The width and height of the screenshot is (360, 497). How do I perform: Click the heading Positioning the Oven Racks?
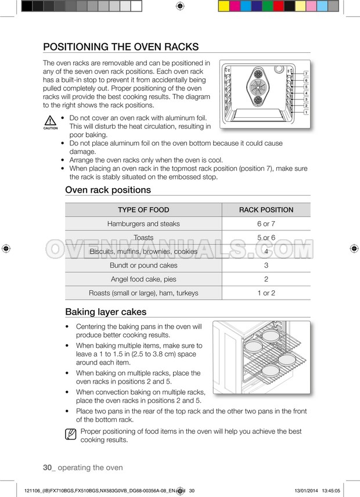click(x=121, y=47)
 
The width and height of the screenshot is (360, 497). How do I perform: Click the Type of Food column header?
click(x=143, y=210)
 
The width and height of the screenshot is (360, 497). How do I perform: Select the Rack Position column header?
click(x=266, y=210)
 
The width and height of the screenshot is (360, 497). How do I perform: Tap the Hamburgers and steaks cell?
click(x=143, y=224)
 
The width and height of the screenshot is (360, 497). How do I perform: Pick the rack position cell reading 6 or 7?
click(x=266, y=224)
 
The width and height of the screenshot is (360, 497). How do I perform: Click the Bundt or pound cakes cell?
click(x=143, y=265)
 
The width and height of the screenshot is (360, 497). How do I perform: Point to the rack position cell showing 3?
click(x=266, y=265)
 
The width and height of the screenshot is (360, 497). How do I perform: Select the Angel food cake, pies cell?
click(x=143, y=279)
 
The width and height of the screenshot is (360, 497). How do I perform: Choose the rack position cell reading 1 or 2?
click(x=266, y=293)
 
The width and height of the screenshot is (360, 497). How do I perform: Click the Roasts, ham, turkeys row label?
click(x=143, y=293)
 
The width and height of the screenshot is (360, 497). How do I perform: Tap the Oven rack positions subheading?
click(x=108, y=190)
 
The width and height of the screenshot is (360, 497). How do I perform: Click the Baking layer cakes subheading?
click(x=106, y=312)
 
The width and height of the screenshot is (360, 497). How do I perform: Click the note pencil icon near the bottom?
click(x=71, y=433)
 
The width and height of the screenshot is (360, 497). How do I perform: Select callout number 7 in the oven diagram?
click(x=306, y=74)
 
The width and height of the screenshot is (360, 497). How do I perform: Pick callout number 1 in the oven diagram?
click(x=306, y=111)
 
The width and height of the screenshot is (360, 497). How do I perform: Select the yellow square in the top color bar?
click(x=224, y=6)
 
